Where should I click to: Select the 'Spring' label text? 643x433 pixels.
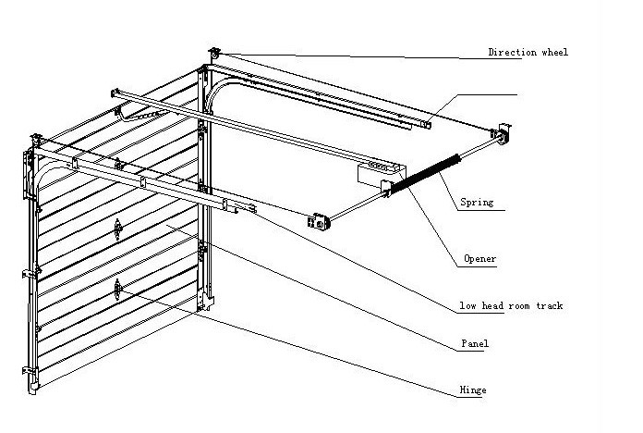477,202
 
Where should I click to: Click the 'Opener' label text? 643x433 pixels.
477,259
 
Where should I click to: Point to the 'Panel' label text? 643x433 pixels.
474,343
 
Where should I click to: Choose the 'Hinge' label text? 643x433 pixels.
472,390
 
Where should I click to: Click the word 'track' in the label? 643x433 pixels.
546,305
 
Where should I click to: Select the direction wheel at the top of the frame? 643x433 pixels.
214,55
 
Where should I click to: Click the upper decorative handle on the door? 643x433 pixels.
118,228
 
